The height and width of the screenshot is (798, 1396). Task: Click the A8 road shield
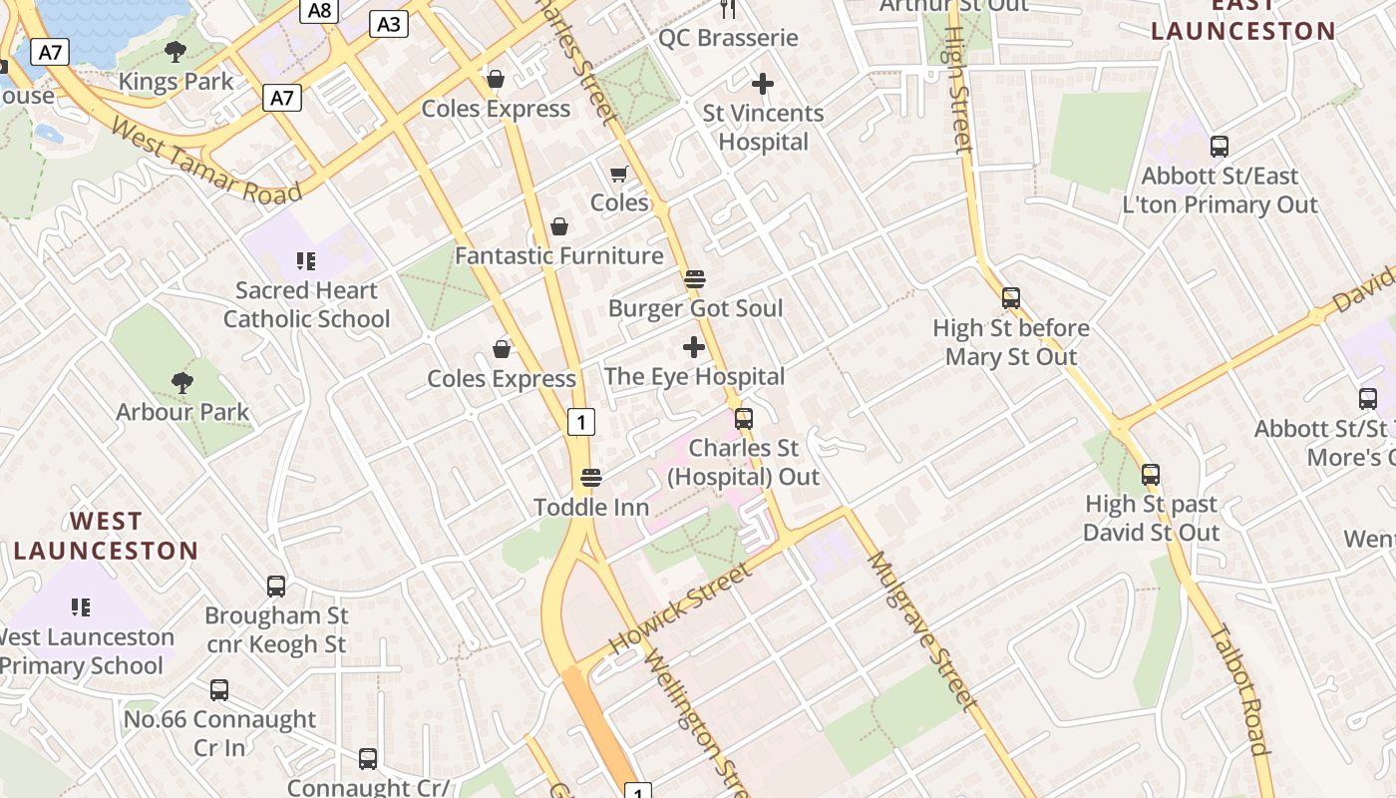(318, 10)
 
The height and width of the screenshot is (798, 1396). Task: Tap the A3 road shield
(389, 24)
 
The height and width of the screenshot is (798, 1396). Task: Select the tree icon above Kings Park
(175, 51)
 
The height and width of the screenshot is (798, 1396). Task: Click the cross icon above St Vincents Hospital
(763, 84)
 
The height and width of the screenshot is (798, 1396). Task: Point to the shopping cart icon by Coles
(619, 175)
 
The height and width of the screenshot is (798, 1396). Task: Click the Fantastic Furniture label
(558, 256)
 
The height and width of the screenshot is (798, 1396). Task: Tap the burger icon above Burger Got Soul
(695, 278)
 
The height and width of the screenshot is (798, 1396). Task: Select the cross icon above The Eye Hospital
(694, 347)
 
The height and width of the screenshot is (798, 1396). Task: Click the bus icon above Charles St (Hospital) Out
(743, 419)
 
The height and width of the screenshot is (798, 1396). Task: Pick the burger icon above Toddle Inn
(591, 477)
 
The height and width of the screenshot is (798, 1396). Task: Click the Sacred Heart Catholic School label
(306, 305)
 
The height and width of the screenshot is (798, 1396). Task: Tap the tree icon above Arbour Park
(181, 382)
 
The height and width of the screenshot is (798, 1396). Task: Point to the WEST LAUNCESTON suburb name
(107, 536)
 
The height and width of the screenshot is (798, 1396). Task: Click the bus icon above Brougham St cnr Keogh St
(276, 587)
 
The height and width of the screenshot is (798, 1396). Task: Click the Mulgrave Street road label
(921, 630)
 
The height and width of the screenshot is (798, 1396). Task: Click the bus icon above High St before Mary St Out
(1011, 297)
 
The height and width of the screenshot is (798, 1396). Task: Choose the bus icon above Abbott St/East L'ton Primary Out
(1219, 147)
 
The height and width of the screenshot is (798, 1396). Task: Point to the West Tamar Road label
(205, 160)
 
